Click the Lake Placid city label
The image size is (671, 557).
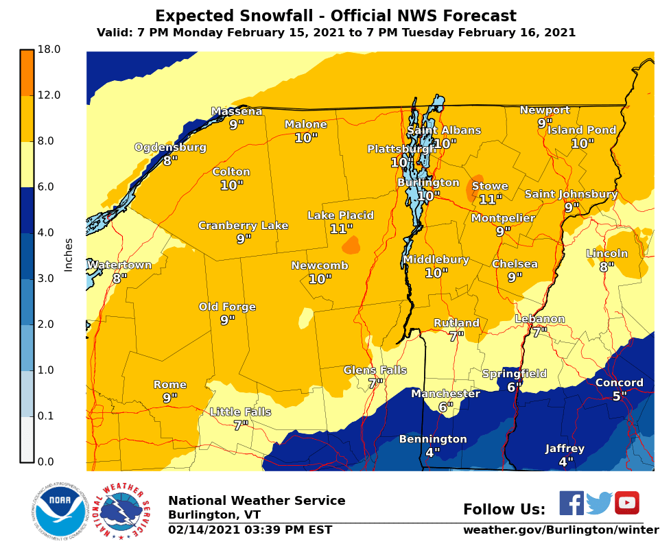340,215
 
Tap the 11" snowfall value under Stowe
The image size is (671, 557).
491,200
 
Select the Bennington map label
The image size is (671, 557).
433,439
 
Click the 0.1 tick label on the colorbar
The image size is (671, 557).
49,416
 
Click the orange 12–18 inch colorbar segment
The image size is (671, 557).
27,73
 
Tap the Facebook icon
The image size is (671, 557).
571,503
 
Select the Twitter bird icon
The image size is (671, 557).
599,503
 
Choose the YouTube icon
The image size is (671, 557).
626,503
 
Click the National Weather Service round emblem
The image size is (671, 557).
121,512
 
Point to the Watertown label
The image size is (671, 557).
119,265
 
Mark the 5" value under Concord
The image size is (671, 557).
619,396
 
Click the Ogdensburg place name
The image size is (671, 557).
170,147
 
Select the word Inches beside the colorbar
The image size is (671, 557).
69,254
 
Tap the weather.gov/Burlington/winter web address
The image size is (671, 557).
561,530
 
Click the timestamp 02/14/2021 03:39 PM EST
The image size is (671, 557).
250,530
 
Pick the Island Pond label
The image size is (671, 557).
582,130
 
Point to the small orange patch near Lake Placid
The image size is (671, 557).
351,245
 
